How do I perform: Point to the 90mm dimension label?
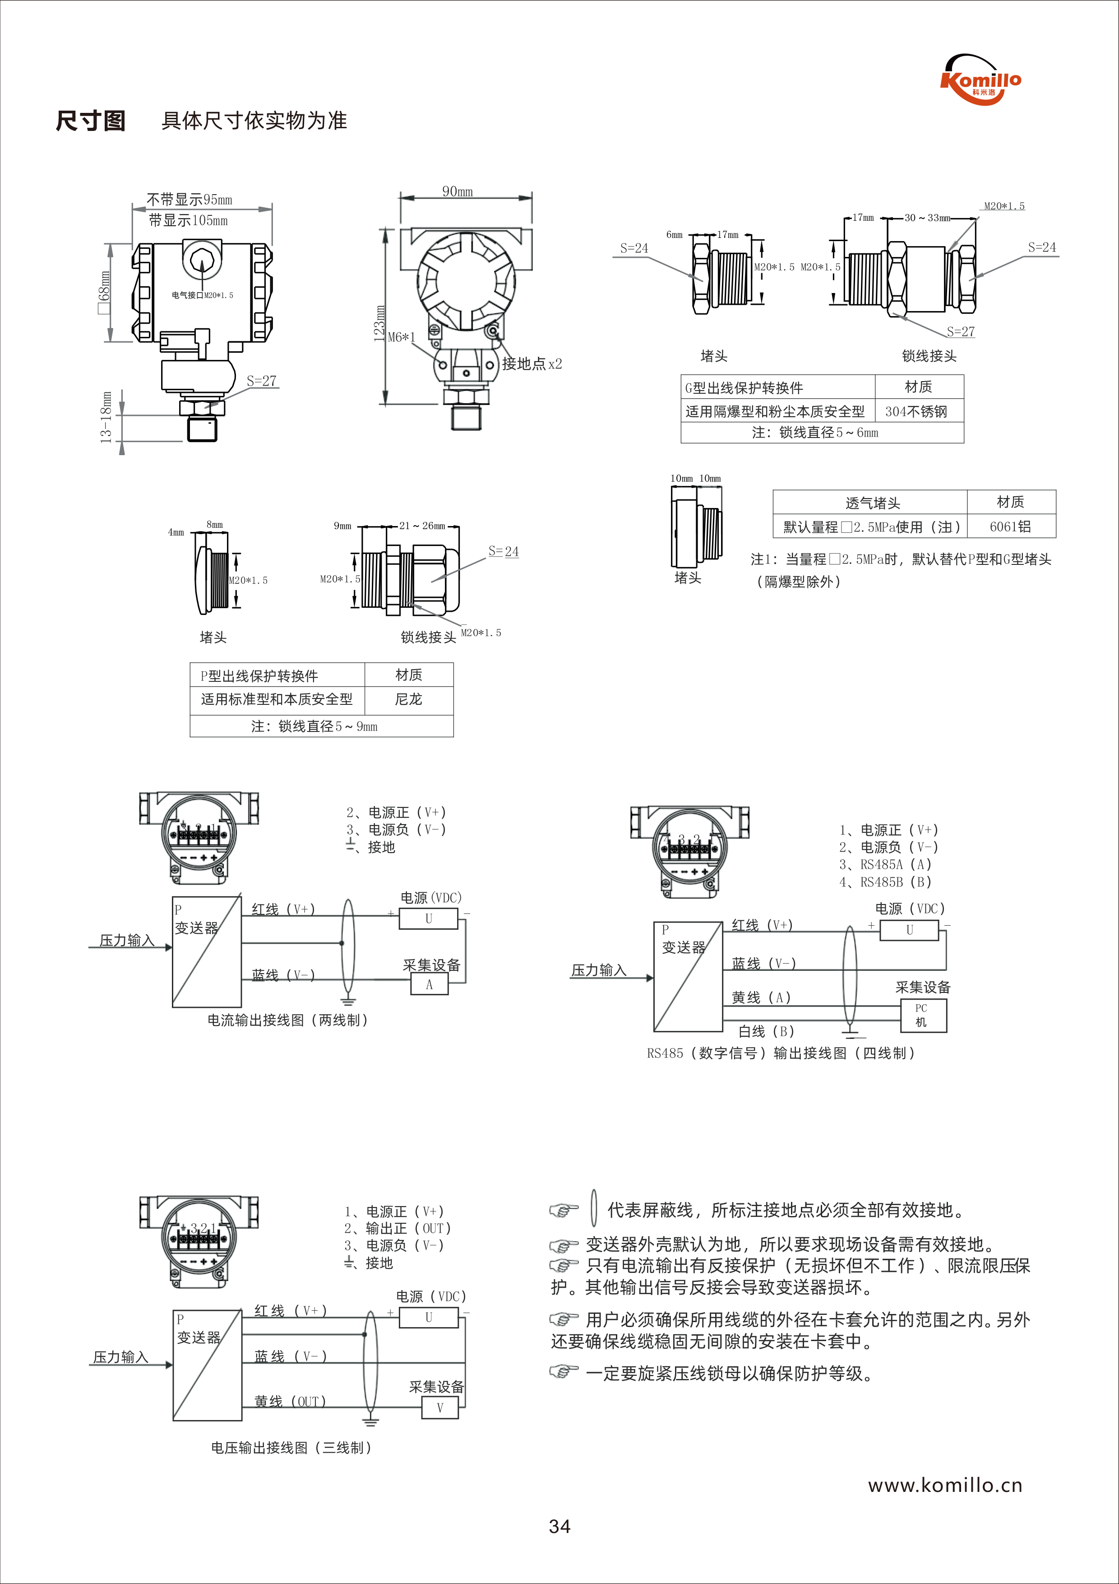click(458, 191)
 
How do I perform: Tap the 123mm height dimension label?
click(379, 323)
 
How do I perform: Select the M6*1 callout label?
click(402, 337)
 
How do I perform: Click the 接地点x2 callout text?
click(532, 363)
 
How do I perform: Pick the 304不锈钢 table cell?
click(916, 412)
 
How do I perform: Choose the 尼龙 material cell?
click(409, 699)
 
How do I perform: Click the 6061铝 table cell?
click(1011, 526)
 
